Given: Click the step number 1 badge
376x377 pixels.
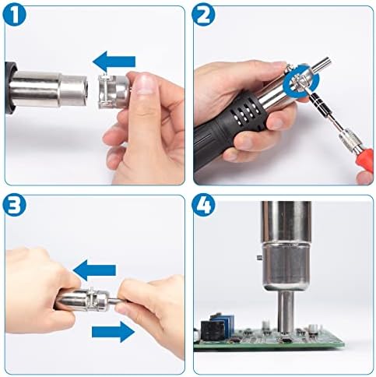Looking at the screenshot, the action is (x=15, y=15).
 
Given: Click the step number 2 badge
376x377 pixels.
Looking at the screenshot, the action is (x=203, y=15).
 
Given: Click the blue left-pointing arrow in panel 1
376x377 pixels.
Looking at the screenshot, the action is (x=114, y=62).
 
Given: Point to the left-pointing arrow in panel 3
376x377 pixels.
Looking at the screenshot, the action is (x=94, y=270).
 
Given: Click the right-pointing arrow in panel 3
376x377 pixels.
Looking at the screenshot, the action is (x=113, y=332).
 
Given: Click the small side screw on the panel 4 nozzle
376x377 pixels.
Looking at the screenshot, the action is (x=259, y=258).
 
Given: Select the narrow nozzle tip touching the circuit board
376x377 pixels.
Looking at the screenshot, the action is (x=286, y=312).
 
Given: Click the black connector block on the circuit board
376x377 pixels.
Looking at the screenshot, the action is (x=213, y=330).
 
